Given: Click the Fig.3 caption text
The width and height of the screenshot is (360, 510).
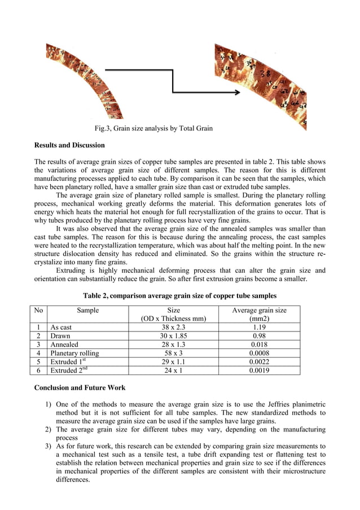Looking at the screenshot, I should (x=153, y=129).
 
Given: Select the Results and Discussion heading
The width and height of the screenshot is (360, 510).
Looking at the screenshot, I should (x=69, y=146).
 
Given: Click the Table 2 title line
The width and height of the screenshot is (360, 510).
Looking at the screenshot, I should (x=179, y=296).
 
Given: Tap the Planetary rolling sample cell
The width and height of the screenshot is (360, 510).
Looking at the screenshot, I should (x=74, y=354).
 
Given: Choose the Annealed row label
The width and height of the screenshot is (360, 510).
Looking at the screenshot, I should (x=64, y=345).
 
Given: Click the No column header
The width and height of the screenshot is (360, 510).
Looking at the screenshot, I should (x=38, y=310).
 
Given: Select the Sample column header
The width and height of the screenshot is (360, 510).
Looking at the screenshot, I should (x=87, y=310).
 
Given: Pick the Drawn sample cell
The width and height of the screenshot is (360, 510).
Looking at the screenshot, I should (x=60, y=336).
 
